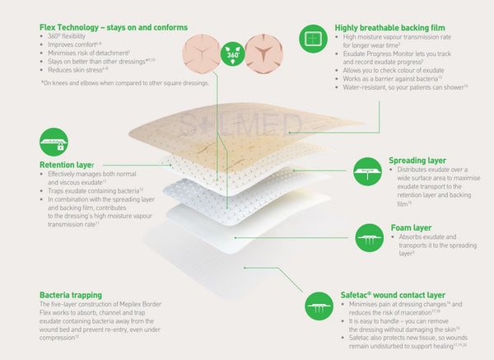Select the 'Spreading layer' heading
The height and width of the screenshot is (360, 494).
click(418, 160)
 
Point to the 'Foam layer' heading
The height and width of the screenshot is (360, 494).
click(408, 227)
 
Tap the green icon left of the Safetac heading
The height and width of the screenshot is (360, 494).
click(319, 306)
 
